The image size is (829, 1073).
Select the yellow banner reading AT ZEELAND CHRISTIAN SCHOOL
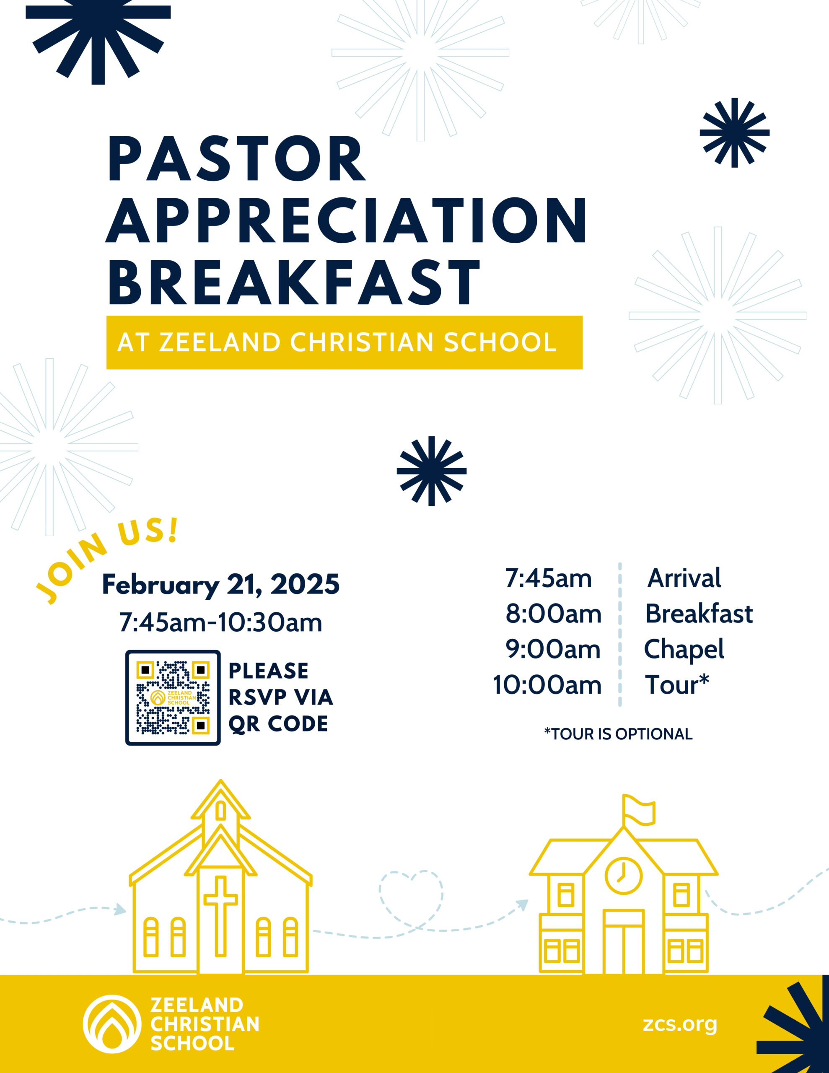point(345,342)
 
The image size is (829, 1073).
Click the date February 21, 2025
point(220,585)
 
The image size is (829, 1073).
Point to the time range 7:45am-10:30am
point(220,622)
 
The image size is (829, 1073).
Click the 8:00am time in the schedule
point(554,614)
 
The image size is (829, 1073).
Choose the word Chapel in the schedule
point(684,650)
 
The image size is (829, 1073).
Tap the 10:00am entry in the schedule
point(547,685)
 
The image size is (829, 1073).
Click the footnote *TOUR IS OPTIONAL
point(618,733)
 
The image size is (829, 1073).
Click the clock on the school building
point(624,876)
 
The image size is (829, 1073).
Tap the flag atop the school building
point(639,811)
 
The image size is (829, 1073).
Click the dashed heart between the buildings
point(411,899)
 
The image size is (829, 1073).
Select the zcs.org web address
point(680,1024)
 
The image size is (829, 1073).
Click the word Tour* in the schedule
point(677,684)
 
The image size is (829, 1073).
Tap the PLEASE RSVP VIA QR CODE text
point(280,697)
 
